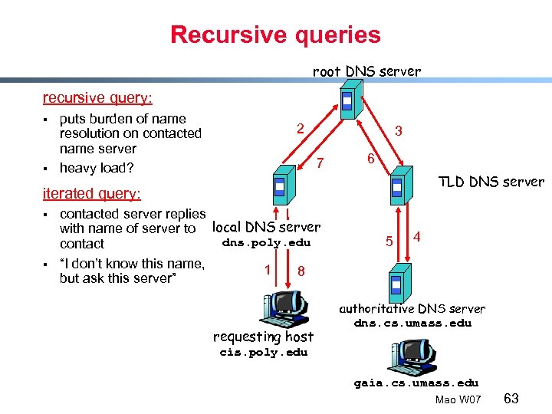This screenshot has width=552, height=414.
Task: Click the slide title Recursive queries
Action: (x=275, y=34)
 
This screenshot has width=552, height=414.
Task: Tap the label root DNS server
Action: (x=366, y=71)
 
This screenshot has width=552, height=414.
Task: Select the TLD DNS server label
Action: (x=491, y=182)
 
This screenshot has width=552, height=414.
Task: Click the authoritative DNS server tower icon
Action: (x=397, y=283)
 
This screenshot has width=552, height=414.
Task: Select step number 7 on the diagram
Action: (x=322, y=162)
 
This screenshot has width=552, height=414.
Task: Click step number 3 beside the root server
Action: (x=398, y=131)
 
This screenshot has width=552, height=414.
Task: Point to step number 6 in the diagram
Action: (x=370, y=159)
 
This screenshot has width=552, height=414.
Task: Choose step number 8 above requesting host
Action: (x=301, y=271)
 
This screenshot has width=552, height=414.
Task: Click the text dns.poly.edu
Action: (x=266, y=243)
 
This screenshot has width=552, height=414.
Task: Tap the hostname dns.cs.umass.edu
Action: (x=412, y=323)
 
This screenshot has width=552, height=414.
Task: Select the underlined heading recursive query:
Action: (x=97, y=98)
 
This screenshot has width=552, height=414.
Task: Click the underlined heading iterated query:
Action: (x=93, y=194)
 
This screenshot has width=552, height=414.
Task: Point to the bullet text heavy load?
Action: (x=98, y=167)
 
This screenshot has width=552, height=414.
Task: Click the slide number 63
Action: (x=512, y=398)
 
